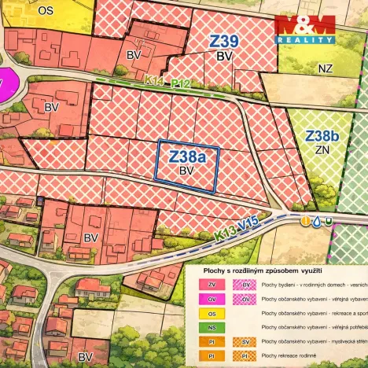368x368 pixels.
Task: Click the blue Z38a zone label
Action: pyautogui.click(x=187, y=156)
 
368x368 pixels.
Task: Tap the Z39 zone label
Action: pyautogui.click(x=224, y=41)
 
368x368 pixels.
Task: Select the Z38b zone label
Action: pyautogui.click(x=322, y=136)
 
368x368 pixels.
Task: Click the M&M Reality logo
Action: pyautogui.click(x=306, y=29)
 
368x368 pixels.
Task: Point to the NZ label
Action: pyautogui.click(x=326, y=69)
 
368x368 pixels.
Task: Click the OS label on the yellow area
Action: pyautogui.click(x=46, y=10)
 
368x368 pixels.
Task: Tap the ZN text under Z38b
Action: pyautogui.click(x=321, y=149)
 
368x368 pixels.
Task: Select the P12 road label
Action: pyautogui.click(x=180, y=82)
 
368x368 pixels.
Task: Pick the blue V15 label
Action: pyautogui.click(x=248, y=225)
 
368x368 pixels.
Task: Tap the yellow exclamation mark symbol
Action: pyautogui.click(x=304, y=221)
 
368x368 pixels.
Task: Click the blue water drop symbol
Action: pyautogui.click(x=315, y=221)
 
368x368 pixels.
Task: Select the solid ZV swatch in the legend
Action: pyautogui.click(x=212, y=285)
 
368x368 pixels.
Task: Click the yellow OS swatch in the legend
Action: pyautogui.click(x=212, y=313)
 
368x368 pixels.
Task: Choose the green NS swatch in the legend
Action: pyautogui.click(x=212, y=327)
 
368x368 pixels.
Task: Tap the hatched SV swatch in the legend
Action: pyautogui.click(x=246, y=341)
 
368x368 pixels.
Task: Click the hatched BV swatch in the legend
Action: pyautogui.click(x=246, y=285)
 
